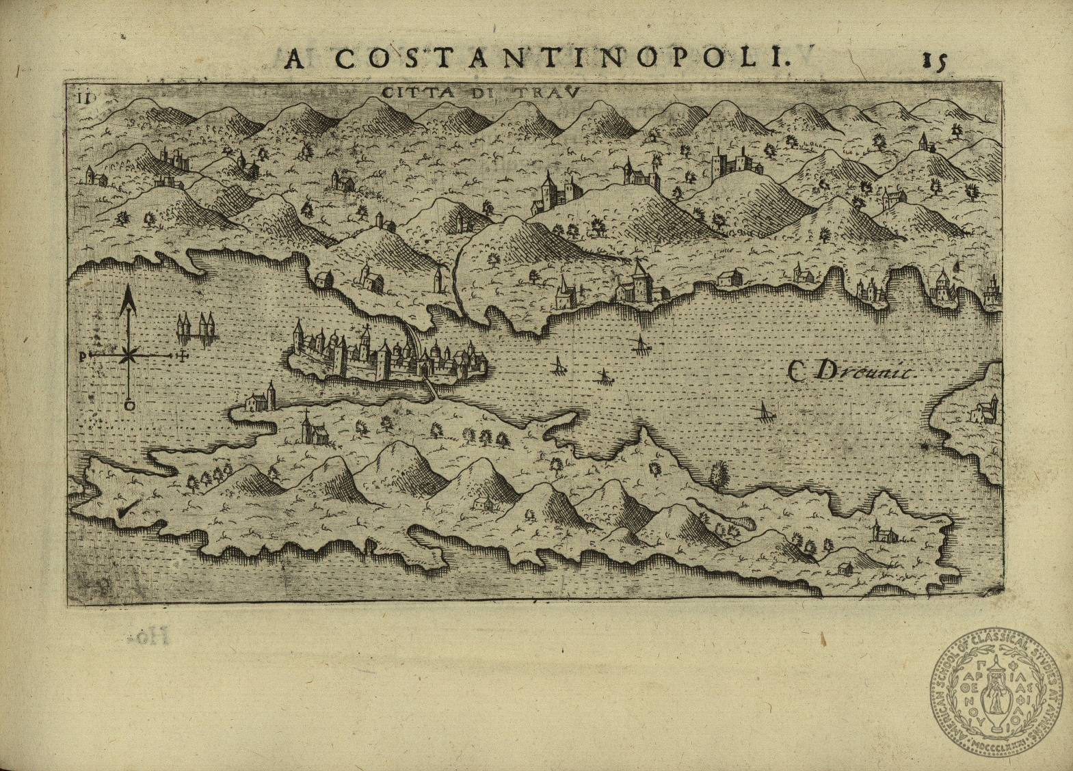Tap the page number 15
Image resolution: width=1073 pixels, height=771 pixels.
(x=933, y=61)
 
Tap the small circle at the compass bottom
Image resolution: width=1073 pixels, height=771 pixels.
(x=129, y=405)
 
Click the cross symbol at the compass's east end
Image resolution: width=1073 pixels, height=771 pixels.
(x=182, y=355)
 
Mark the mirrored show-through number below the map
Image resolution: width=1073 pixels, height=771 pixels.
(x=148, y=638)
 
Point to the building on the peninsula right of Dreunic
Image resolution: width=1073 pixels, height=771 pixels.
(x=985, y=411)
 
